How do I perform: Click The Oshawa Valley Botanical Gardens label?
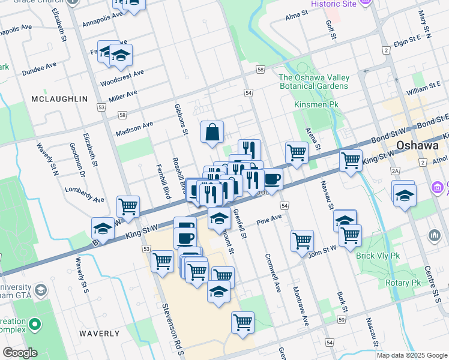313,82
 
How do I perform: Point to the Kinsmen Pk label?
312,104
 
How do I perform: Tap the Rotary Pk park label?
403,283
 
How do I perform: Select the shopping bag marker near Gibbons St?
212,133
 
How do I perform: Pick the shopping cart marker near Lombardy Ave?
128,207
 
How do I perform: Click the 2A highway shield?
395,171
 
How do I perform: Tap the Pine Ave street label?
268,220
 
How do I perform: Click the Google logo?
19,352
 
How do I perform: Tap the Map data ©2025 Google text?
412,355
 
